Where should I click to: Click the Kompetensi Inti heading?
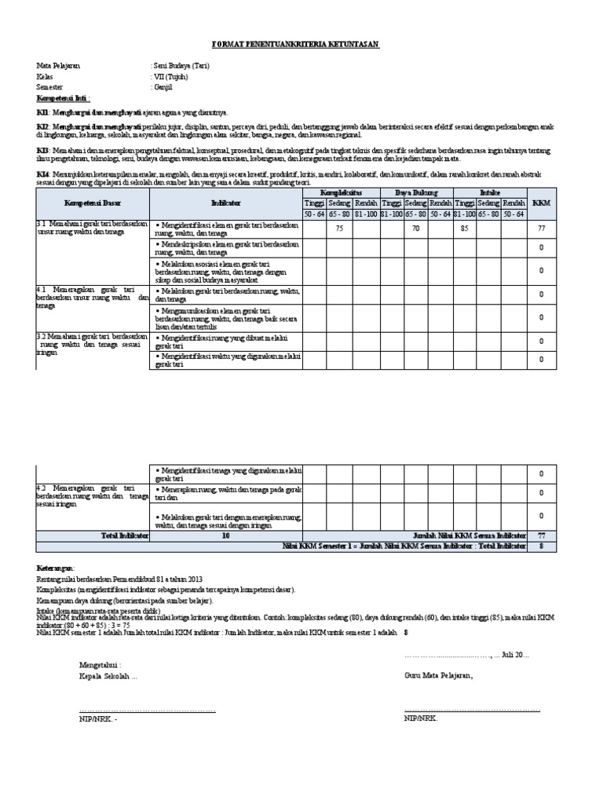(64, 100)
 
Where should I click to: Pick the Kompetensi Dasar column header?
(91, 203)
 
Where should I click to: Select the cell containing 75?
(340, 228)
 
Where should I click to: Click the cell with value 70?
(416, 228)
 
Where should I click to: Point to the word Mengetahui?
(100, 664)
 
